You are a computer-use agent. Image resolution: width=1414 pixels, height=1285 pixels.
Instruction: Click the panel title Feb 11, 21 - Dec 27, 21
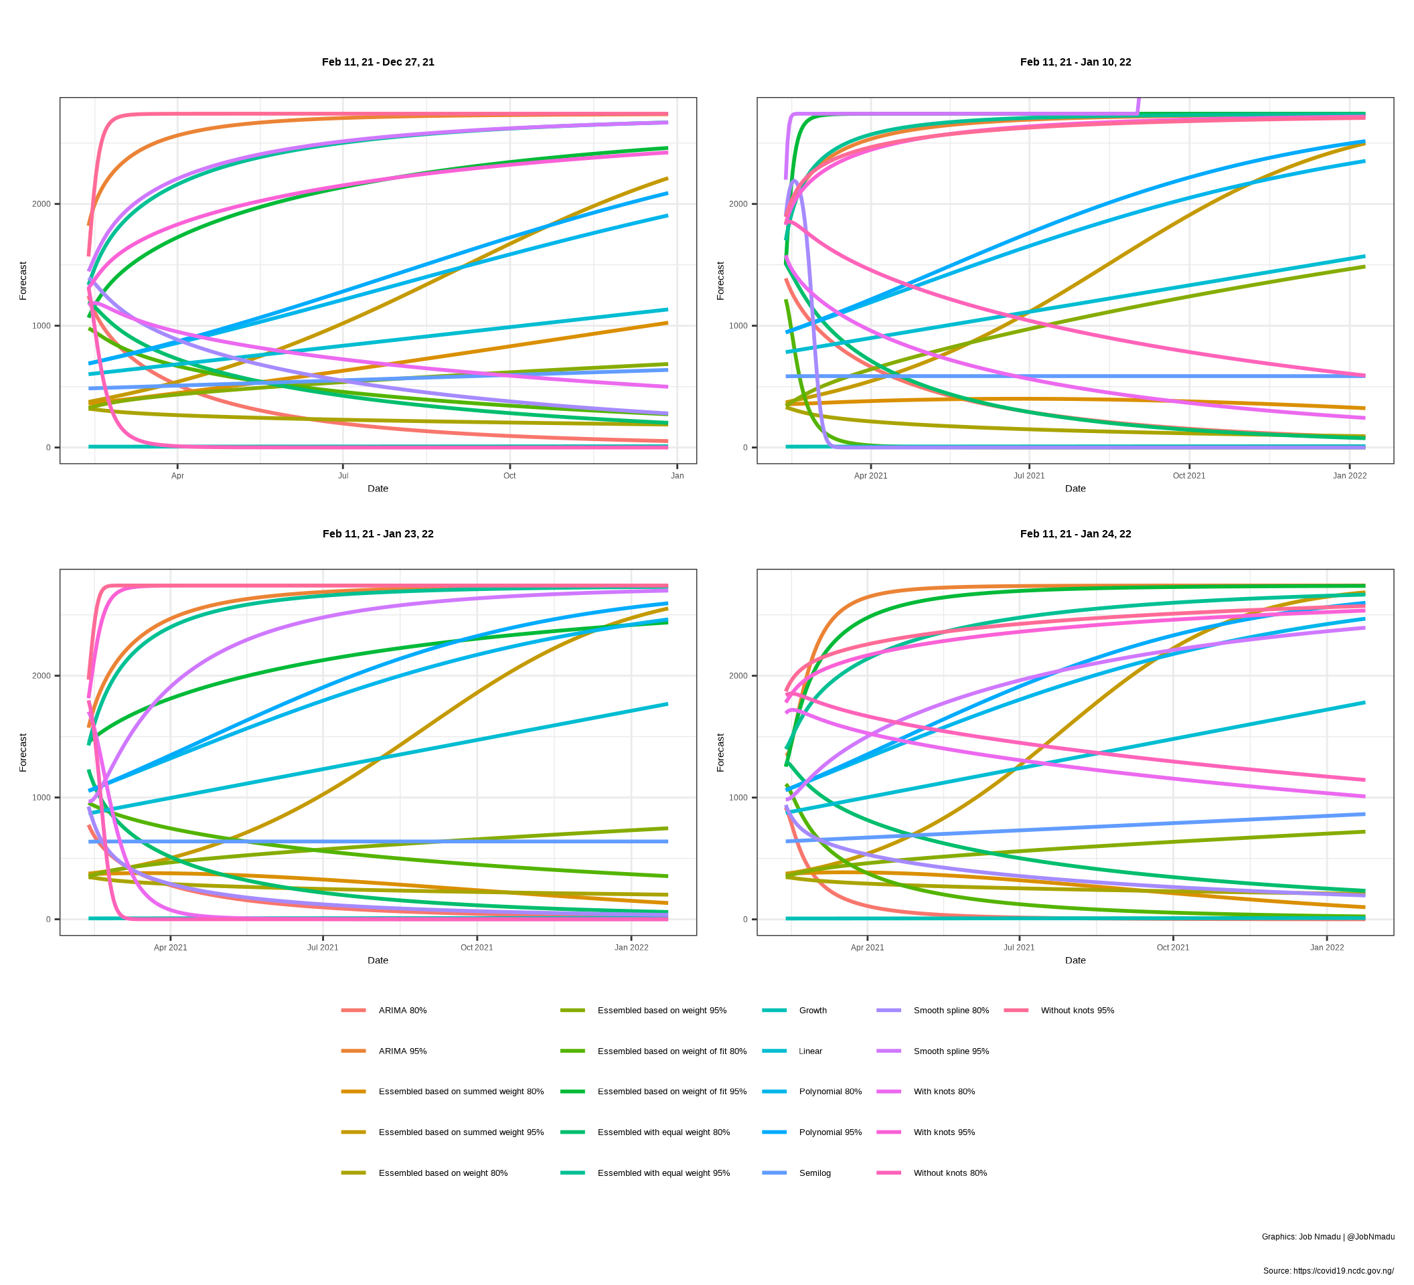378,62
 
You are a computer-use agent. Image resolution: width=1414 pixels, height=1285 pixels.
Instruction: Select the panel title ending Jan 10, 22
1075,62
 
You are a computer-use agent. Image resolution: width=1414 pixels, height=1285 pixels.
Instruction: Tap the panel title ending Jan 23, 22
378,534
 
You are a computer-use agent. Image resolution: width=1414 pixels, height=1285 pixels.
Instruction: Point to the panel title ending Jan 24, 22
1075,534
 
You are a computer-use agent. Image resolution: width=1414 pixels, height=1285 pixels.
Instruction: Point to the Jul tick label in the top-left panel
343,476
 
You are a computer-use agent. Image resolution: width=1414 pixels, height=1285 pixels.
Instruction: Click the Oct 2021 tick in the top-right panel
1189,476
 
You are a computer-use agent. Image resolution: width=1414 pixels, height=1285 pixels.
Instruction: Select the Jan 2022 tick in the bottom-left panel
631,948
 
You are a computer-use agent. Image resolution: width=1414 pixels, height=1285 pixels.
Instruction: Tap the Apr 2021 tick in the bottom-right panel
867,948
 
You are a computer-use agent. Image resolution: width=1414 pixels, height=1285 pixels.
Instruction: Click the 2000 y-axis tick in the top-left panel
42,204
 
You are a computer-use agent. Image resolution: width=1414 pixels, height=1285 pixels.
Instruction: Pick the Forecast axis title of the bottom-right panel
720,753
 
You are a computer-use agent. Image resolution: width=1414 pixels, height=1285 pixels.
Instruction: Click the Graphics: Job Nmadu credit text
1328,1237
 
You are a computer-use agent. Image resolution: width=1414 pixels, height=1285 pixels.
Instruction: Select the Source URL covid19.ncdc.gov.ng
1328,1271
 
